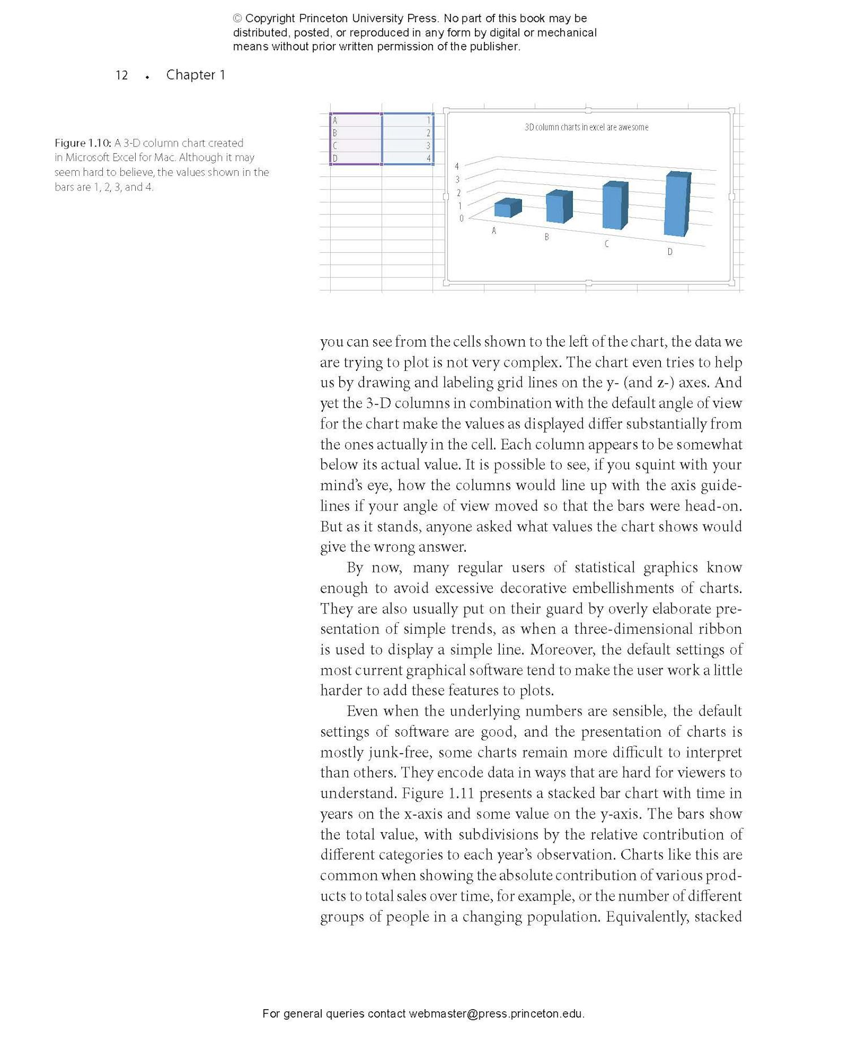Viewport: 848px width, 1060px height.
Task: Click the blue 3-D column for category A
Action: point(507,209)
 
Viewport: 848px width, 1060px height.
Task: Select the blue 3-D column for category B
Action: point(559,207)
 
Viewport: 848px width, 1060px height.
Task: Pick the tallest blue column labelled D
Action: point(677,204)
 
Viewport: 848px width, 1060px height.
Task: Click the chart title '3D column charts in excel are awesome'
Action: point(586,127)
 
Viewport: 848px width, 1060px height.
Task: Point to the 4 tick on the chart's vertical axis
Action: point(457,166)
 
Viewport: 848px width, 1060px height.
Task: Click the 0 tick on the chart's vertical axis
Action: point(461,218)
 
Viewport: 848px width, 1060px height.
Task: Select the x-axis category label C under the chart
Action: point(607,244)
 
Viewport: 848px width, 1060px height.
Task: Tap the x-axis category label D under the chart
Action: point(670,252)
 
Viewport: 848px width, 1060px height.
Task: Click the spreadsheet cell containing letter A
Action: point(356,120)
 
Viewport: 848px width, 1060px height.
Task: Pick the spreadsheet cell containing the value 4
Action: point(408,159)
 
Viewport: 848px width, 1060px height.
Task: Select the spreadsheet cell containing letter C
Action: point(356,146)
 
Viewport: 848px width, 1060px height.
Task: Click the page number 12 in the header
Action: point(122,75)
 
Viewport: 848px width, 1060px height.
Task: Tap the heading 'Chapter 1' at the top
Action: point(196,75)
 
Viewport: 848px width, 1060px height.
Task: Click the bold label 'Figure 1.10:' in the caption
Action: point(83,143)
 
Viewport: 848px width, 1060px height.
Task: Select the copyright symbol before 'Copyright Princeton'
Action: point(238,19)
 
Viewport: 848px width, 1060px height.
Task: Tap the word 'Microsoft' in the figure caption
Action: point(88,158)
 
